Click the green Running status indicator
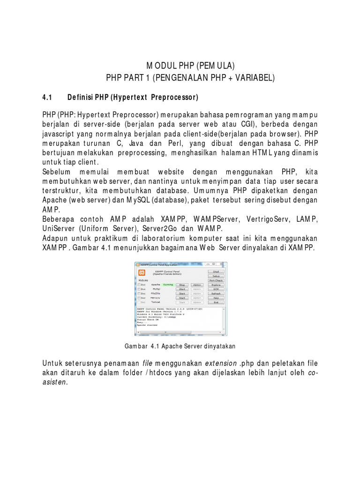pos(168,285)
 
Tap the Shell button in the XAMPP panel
pos(216,271)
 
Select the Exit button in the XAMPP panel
pos(216,302)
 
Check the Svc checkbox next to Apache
pos(139,285)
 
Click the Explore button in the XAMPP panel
pos(216,285)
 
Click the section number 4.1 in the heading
pos(46,97)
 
